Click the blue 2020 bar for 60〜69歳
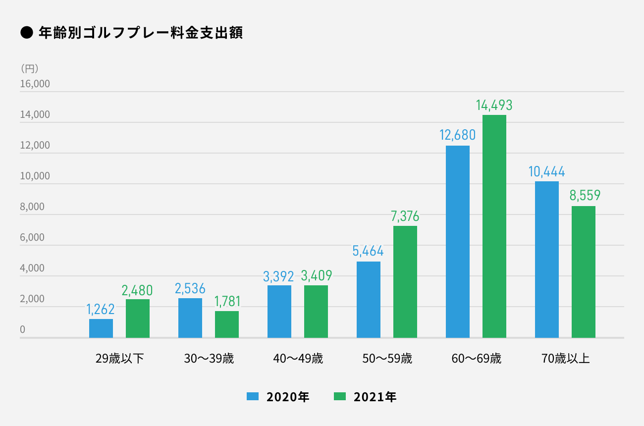458,242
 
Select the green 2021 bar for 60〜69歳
494,226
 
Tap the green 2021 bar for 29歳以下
138,319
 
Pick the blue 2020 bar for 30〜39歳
190,318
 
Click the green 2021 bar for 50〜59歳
405,282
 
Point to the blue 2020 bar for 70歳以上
547,260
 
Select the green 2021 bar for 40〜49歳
316,312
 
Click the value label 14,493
494,105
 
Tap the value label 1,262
101,310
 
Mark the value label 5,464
368,251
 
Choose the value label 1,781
227,301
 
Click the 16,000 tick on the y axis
35,84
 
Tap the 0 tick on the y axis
23,329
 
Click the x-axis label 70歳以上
566,359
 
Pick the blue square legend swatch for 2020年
253,396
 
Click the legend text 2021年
375,397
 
